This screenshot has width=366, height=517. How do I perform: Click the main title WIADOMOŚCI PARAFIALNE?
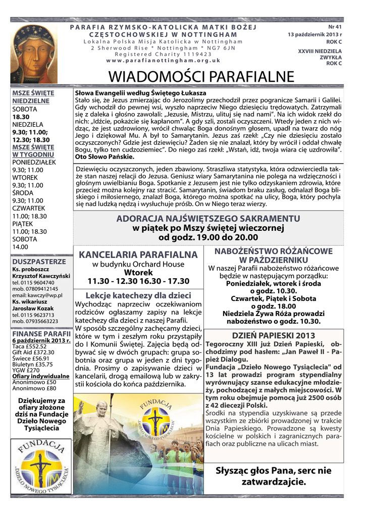(x=201, y=77)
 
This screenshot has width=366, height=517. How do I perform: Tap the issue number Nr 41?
(x=335, y=26)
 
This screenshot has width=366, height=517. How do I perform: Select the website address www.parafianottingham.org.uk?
(x=164, y=60)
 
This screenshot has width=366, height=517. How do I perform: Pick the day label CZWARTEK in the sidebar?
(x=29, y=208)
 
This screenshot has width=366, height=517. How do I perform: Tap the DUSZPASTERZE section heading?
(x=39, y=262)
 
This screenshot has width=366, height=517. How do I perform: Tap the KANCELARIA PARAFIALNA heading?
(x=138, y=253)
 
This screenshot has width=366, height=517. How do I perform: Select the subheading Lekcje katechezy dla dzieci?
(x=138, y=295)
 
